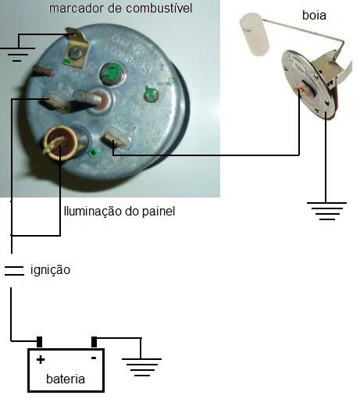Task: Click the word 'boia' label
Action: point(314,15)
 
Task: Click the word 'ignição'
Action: point(50,270)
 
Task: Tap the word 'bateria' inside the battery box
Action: point(66,379)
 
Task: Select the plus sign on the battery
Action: point(41,360)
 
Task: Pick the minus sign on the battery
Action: point(94,358)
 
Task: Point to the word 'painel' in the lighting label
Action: point(159,212)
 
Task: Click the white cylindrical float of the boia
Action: point(254,34)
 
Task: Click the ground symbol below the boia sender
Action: point(326,211)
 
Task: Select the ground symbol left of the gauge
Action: point(17,54)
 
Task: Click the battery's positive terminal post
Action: point(39,342)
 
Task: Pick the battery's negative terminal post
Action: point(94,342)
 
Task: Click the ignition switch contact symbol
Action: point(14,271)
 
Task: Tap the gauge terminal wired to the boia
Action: point(116,137)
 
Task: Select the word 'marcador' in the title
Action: point(77,9)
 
